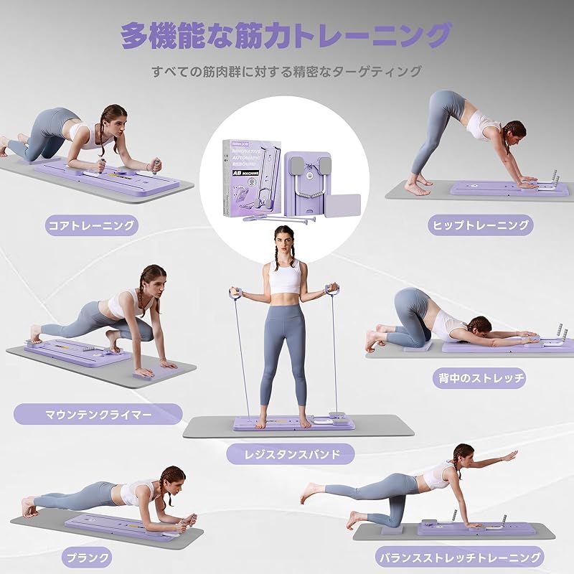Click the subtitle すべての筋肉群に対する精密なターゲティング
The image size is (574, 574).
(286, 72)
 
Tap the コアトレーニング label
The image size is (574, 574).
(90, 225)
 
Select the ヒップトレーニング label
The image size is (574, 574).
(481, 225)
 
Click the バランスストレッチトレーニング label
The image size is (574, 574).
(460, 557)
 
